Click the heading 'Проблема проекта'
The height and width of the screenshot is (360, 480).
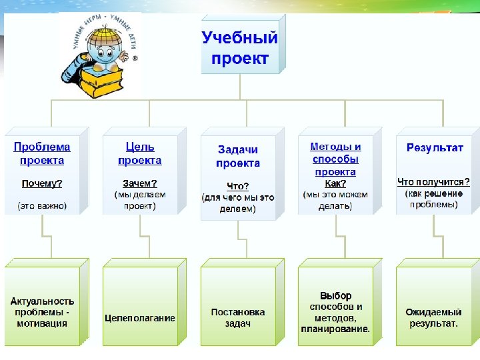[42, 153]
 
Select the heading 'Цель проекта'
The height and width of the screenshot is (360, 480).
[140, 153]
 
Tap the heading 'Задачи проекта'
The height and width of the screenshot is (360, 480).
[238, 157]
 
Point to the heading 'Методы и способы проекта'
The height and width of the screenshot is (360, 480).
[335, 159]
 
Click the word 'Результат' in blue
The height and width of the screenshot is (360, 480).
[435, 147]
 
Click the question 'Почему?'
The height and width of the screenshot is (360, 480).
[42, 183]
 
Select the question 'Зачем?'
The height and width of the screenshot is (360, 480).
[140, 183]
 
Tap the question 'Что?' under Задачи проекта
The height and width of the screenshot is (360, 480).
[238, 187]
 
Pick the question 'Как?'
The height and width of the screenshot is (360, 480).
[335, 183]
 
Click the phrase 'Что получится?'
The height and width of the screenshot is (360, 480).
[433, 181]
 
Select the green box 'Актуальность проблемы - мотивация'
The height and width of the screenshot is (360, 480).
[42, 312]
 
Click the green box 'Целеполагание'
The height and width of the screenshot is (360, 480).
[140, 318]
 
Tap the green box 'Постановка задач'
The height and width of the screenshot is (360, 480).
[238, 317]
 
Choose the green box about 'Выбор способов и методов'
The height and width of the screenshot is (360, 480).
[335, 312]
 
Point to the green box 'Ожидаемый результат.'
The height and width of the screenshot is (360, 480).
[433, 317]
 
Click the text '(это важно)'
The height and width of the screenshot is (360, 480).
[42, 205]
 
